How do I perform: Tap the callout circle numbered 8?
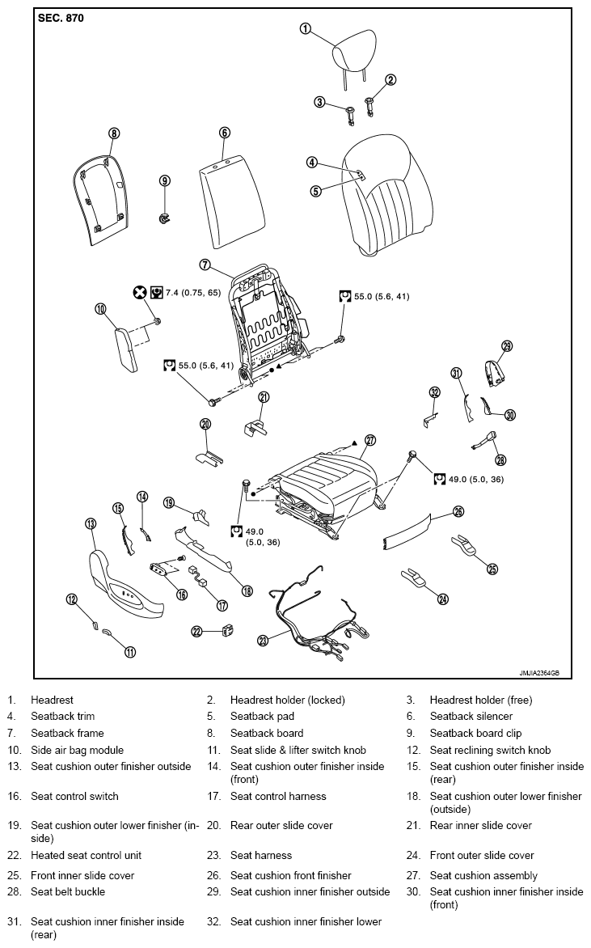114,133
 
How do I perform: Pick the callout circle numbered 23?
262,641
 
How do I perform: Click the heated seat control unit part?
228,631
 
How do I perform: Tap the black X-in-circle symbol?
140,293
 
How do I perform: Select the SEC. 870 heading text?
61,18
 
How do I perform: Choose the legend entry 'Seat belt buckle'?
68,891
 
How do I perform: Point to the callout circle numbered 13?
91,523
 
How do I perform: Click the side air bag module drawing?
126,349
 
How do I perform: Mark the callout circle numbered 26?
458,511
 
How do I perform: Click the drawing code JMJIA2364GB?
539,673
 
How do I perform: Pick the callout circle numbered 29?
507,346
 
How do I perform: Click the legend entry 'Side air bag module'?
78,751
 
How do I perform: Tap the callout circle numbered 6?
224,133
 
